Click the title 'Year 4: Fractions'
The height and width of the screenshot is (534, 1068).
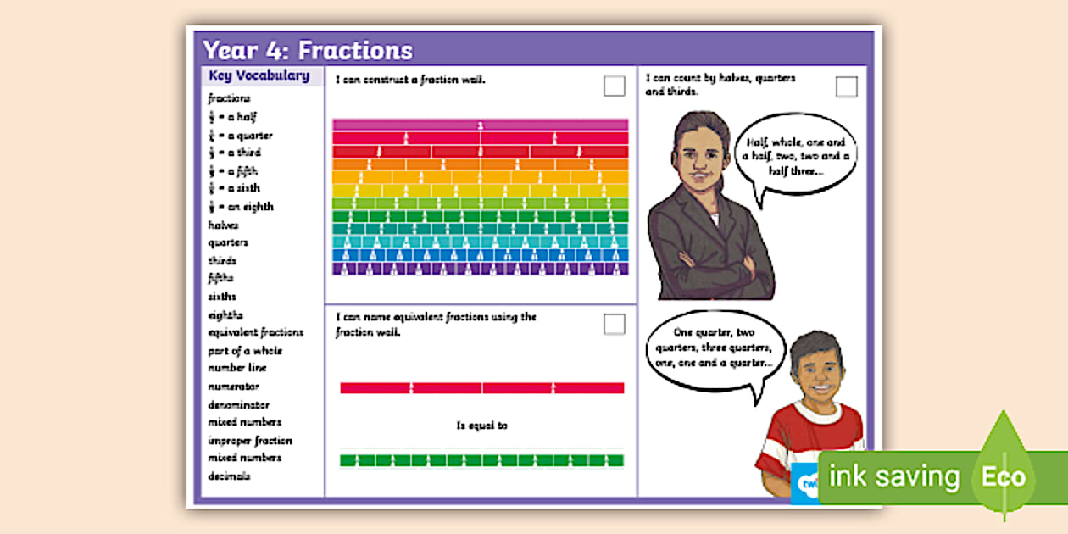[308, 50]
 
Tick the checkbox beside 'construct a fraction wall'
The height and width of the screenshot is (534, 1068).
[615, 86]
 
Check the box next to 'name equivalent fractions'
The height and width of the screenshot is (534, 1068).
[615, 324]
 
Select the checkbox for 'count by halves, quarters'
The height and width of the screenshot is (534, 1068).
[846, 86]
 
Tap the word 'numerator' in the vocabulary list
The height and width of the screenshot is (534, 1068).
[234, 387]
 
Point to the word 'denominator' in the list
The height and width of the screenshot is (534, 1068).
[239, 405]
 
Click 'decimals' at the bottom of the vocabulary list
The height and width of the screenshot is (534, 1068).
[230, 476]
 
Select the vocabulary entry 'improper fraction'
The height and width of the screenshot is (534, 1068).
[250, 441]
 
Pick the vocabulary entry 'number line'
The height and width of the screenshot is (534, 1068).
[237, 368]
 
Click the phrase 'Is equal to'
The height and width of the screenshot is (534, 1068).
[481, 426]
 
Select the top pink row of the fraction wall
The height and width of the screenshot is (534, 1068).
[481, 125]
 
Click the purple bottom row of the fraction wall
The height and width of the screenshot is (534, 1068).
[481, 269]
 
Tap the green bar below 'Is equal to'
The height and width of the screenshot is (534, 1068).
[481, 460]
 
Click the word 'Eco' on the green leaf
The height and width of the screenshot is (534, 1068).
[1004, 476]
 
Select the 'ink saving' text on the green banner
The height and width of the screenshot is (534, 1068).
[893, 477]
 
